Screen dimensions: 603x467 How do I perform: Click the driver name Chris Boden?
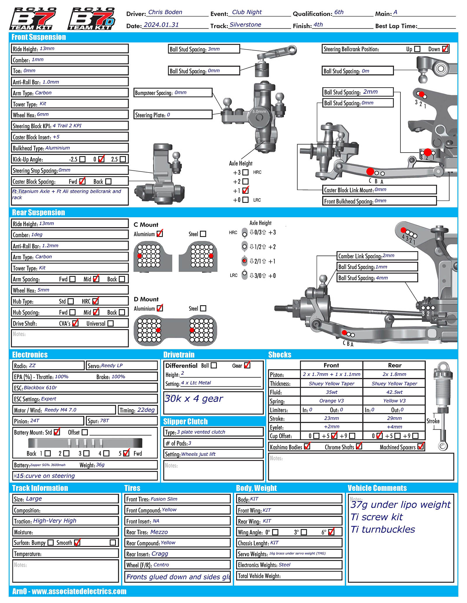coord(165,12)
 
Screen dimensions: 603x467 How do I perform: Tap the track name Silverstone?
coord(245,25)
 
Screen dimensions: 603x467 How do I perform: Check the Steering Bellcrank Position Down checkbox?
coord(445,49)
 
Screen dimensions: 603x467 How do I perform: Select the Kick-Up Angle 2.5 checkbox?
coord(123,159)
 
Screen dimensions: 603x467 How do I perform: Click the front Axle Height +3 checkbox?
coord(245,172)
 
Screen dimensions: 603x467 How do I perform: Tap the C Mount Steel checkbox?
coord(203,234)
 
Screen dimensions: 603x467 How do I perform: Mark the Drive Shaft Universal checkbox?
coord(111,323)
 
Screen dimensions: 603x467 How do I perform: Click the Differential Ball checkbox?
coord(214,365)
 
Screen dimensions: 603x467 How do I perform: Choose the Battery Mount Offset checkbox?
coord(85,432)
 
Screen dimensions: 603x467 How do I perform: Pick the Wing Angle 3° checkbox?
coord(304,532)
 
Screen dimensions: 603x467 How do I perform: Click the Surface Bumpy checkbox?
coord(50,543)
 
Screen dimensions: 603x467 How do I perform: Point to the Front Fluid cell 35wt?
coord(332,392)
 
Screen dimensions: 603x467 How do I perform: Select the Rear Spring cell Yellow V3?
coord(394,401)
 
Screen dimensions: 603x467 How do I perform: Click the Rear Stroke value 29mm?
coord(394,418)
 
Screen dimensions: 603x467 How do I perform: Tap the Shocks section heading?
coord(280,355)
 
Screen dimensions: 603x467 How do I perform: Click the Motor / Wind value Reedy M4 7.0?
coord(60,410)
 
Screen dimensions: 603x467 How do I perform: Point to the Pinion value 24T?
coord(34,421)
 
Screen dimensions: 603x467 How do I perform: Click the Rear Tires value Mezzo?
coord(159,532)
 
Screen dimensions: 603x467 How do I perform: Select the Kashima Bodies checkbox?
coord(307,447)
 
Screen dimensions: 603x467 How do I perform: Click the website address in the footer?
coord(79,591)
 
